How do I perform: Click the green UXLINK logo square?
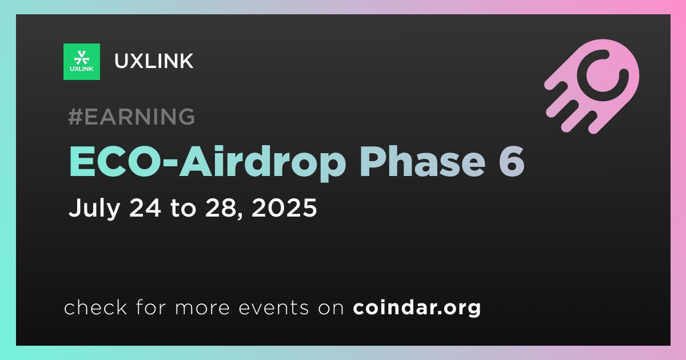[81, 62]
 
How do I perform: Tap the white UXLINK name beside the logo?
[154, 61]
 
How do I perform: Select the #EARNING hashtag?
[131, 117]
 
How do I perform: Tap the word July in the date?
[94, 208]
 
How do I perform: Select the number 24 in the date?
[145, 207]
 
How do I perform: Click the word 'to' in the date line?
[183, 208]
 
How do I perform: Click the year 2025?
[284, 207]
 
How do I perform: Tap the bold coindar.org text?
[417, 307]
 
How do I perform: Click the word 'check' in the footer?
[95, 307]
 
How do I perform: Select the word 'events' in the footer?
[273, 308]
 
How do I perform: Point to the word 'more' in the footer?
[202, 308]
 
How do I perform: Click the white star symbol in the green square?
[81, 58]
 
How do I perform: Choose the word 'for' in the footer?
[151, 307]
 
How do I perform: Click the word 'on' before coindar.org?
[331, 308]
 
